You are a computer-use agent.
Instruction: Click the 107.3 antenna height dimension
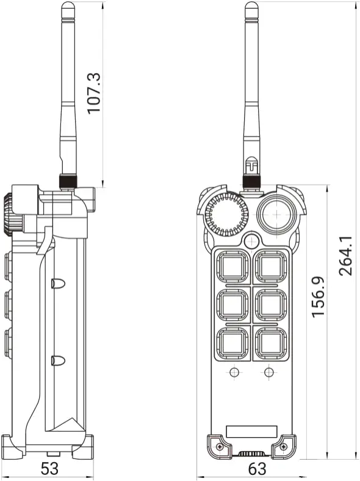click(x=93, y=93)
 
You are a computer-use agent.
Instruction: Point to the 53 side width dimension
click(x=49, y=469)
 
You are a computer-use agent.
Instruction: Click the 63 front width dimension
click(x=257, y=469)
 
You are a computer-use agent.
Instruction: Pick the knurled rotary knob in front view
click(x=225, y=215)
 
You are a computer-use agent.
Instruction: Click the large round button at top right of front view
click(x=278, y=214)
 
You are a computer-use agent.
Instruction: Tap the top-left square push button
click(x=234, y=266)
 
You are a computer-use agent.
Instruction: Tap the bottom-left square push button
click(x=234, y=342)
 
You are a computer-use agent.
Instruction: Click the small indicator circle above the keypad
click(x=251, y=241)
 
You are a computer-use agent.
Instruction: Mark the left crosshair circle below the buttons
click(x=234, y=372)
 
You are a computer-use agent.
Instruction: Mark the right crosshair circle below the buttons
click(x=268, y=372)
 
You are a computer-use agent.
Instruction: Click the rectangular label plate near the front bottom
click(x=251, y=431)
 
